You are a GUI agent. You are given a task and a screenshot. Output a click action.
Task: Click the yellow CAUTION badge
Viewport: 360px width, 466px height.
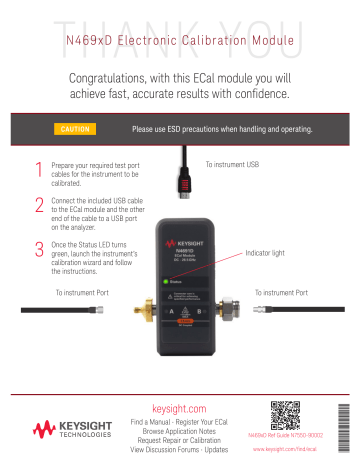[83, 129]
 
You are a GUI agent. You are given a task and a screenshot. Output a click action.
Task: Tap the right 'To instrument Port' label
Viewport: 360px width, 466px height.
[287, 293]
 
